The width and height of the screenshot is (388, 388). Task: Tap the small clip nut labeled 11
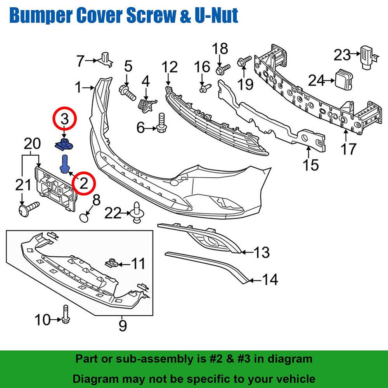coord(111,264)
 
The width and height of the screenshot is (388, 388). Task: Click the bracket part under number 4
coord(146,104)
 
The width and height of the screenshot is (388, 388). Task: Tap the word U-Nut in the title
coord(213,16)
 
